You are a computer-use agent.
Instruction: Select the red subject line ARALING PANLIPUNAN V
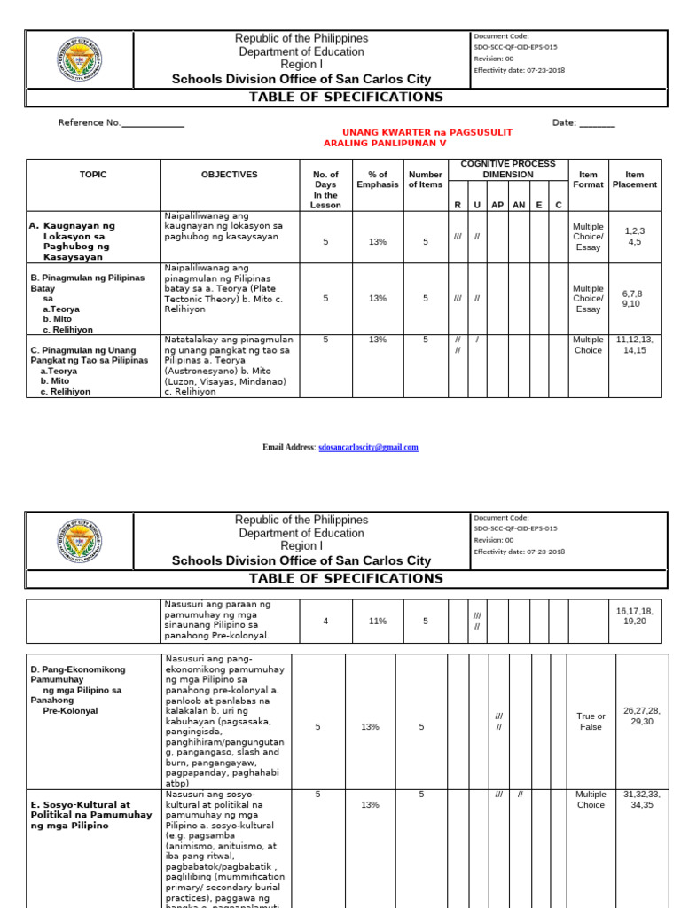385,143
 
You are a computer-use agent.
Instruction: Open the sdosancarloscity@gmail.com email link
368,448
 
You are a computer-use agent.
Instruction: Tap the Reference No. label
89,123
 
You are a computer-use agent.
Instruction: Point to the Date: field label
565,123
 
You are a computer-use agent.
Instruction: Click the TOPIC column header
92,175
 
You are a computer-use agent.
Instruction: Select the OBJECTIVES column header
229,175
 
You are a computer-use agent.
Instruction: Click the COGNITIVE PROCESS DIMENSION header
508,168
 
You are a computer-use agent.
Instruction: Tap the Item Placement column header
635,180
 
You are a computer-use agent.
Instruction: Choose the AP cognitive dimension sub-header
497,205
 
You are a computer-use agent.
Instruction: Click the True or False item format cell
591,721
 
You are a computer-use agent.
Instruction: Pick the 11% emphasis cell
378,621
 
